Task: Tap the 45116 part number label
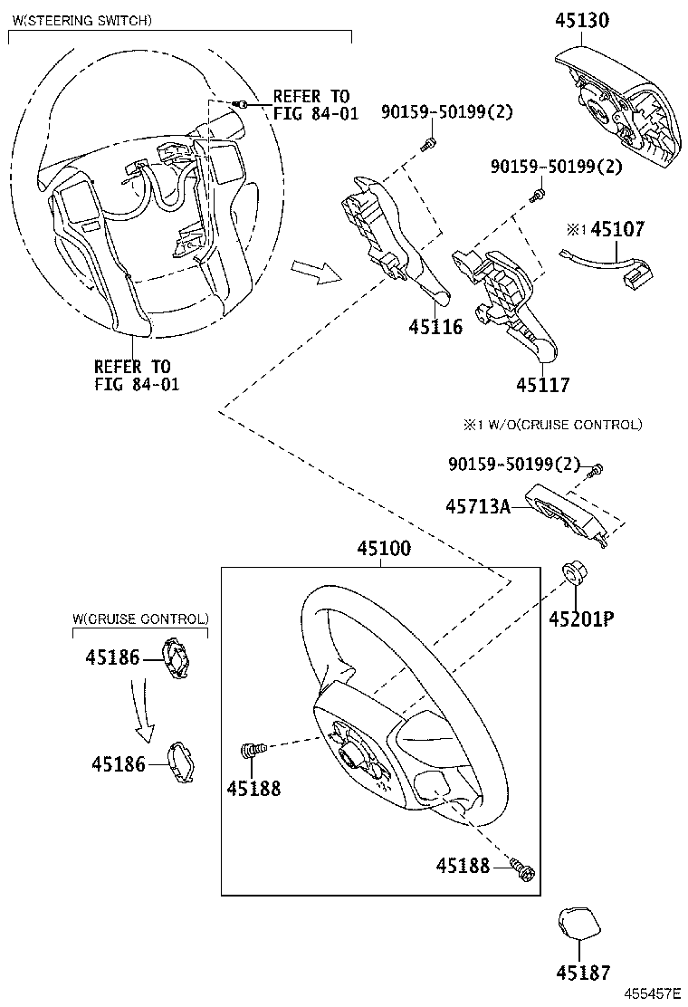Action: tap(435, 327)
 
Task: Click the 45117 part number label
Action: tap(543, 385)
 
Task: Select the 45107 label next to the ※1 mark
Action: tap(618, 229)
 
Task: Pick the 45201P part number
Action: tap(580, 619)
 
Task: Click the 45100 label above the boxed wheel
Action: tap(383, 549)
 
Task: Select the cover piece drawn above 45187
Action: tap(577, 925)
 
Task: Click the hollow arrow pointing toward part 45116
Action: tap(315, 271)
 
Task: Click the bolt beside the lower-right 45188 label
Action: tap(521, 868)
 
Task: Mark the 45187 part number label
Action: tap(584, 973)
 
